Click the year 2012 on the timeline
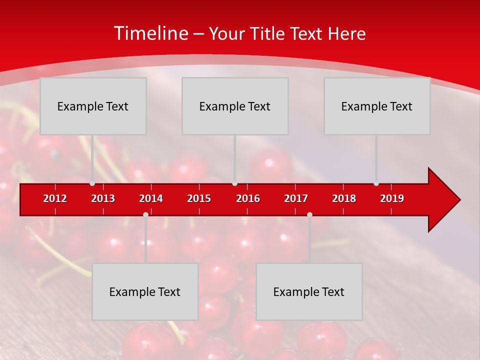coord(55,198)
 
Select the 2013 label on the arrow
coord(103,198)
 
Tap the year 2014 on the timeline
coord(151,198)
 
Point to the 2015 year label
coord(199,198)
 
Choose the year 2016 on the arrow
coord(248,198)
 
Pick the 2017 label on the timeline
coord(296,198)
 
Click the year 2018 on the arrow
coord(344,198)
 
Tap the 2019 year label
coord(392,198)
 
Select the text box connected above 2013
coord(93,106)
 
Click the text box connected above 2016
coord(235,106)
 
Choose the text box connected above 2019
coord(377,106)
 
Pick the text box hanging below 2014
coord(145,291)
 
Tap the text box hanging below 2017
coord(309,291)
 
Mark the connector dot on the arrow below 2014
coord(145,214)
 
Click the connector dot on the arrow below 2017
coord(309,214)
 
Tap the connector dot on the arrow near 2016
coord(235,183)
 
